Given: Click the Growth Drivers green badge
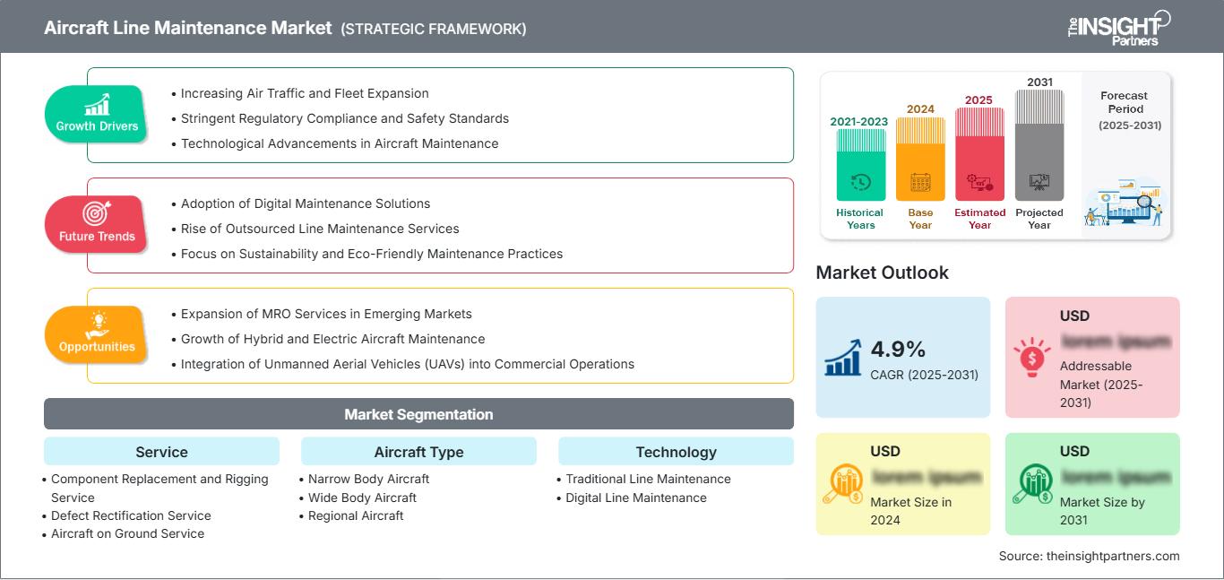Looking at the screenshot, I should point(97,114).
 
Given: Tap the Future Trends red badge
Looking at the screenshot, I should point(95,224).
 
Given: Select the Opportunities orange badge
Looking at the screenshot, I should point(97,334).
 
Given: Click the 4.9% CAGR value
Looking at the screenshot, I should point(899,349).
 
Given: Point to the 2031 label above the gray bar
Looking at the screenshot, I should point(1039,82).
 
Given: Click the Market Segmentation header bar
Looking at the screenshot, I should point(418,414).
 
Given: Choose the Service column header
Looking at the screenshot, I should point(161,452).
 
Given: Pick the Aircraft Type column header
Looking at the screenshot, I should point(418,452).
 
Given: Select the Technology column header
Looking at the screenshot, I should point(676,452).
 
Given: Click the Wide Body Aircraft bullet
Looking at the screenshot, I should point(362,498).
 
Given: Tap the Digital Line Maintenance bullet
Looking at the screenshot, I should point(636,498).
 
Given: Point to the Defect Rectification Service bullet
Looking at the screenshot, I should point(131,515).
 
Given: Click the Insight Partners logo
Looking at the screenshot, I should point(1117,28).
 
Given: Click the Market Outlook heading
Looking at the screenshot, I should point(882,273).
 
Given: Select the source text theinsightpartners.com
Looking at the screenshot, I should point(1089,556).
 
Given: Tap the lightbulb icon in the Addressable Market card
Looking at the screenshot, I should point(1030,356).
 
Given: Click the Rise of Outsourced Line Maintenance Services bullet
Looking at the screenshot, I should point(320,229).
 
